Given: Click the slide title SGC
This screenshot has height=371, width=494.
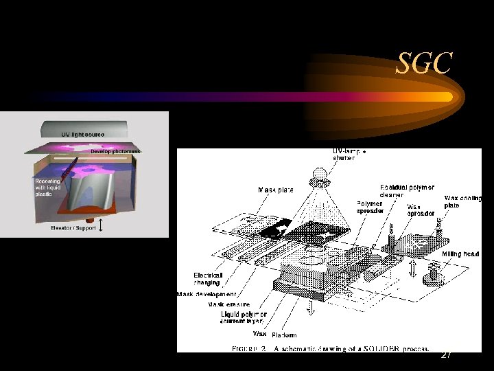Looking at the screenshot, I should click(425, 65).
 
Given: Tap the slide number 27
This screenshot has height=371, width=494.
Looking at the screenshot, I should click(446, 355).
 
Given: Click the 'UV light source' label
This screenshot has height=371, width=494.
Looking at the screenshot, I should click(83, 134).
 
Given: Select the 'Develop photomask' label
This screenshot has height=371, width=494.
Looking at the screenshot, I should click(115, 152).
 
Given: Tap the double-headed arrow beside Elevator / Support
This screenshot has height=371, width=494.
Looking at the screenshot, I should click(102, 226).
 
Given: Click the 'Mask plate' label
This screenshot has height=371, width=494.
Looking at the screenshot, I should click(274, 189).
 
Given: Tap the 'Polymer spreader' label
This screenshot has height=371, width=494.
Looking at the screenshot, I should click(370, 207).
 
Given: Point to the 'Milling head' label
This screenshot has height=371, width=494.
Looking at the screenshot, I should click(460, 254).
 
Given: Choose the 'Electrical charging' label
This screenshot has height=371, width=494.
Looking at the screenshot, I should click(207, 278).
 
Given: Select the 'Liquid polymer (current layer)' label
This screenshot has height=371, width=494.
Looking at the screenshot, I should click(244, 317).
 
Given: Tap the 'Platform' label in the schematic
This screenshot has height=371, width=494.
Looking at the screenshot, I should click(284, 335).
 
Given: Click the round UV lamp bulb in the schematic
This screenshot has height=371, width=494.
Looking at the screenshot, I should click(319, 175).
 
